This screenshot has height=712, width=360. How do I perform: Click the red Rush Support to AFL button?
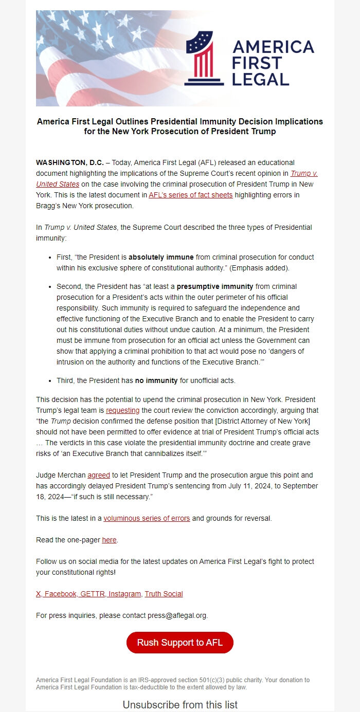(179, 643)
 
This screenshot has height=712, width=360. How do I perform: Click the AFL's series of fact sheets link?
(190, 195)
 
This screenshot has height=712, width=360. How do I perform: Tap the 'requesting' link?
(122, 410)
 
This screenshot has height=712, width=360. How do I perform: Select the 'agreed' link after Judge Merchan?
(98, 475)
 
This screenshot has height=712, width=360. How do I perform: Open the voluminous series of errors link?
(147, 518)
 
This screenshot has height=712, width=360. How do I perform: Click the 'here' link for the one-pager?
(109, 540)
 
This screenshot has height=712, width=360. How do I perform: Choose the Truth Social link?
(164, 594)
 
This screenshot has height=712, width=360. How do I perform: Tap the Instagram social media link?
(125, 594)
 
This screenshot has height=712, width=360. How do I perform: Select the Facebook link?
(60, 594)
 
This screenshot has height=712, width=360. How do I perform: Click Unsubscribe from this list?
(179, 704)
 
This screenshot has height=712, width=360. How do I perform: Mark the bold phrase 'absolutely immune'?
(160, 257)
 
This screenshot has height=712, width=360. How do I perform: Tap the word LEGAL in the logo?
(260, 79)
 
